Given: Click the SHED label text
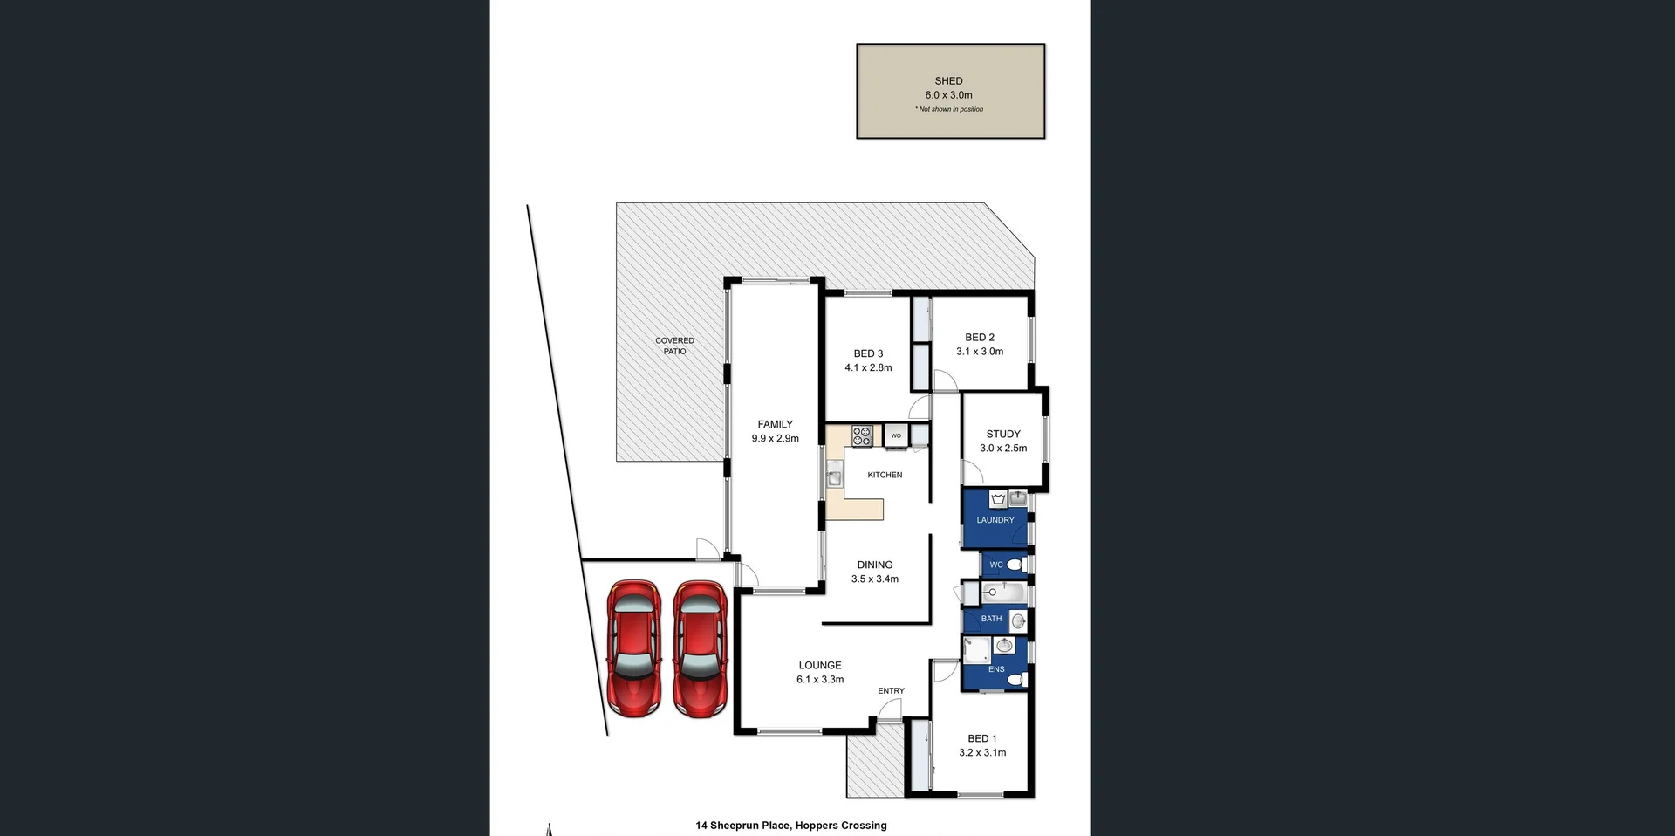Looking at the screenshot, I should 948,81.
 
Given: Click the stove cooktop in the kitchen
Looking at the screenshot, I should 862,435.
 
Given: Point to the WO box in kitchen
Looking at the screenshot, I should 896,435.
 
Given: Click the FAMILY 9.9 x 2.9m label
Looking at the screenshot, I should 775,431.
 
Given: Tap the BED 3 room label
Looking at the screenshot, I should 868,353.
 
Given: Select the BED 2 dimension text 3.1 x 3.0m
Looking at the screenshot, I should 980,352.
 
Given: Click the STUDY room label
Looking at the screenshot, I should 1003,434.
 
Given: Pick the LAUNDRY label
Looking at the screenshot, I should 995,520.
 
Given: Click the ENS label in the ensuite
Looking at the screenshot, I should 996,669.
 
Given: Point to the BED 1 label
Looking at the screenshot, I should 981,738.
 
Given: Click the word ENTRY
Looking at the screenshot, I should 891,690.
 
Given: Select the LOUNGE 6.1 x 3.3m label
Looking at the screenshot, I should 820,672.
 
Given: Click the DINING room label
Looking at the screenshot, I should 874,565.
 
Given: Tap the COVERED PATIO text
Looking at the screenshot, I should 674,346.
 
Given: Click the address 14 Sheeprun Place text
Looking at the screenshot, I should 790,825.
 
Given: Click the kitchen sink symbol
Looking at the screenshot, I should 834,477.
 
